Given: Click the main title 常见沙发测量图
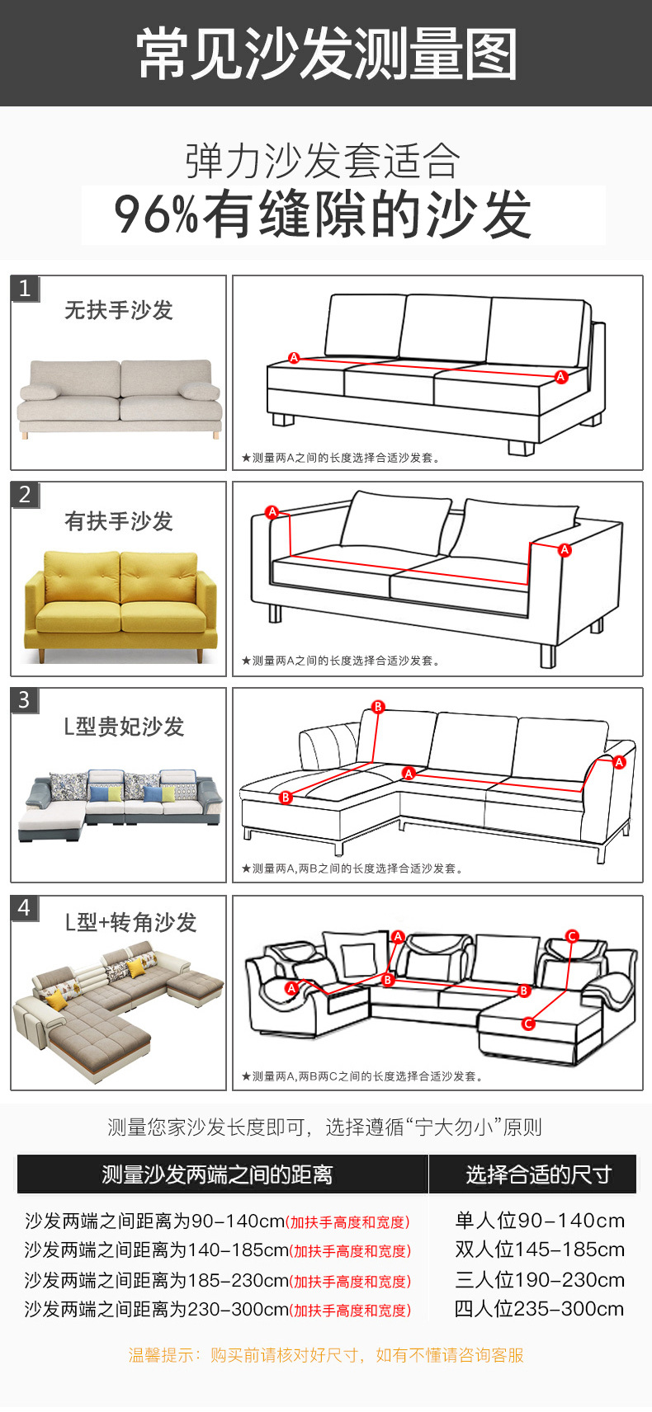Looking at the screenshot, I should pyautogui.click(x=326, y=54).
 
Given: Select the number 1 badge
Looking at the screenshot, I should pyautogui.click(x=25, y=289).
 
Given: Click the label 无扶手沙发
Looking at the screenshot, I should pyautogui.click(x=119, y=310).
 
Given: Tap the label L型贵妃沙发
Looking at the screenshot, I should pyautogui.click(x=124, y=727).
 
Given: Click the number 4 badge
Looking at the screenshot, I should pyautogui.click(x=25, y=908).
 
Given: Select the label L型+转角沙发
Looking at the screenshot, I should pyautogui.click(x=130, y=922).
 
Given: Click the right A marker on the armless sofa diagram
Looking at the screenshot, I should pyautogui.click(x=561, y=377).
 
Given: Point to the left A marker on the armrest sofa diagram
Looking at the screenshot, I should pyautogui.click(x=272, y=512).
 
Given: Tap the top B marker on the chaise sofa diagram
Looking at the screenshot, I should pyautogui.click(x=378, y=707).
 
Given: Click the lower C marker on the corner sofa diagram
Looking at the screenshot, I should pyautogui.click(x=528, y=1024).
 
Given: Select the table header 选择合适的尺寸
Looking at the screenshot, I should pyautogui.click(x=538, y=1174).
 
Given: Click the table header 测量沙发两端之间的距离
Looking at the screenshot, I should pyautogui.click(x=217, y=1174).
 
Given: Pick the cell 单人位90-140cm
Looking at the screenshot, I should pyautogui.click(x=539, y=1221).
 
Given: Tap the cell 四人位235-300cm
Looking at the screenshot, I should pyautogui.click(x=539, y=1309).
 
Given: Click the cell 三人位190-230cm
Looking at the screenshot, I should pyautogui.click(x=539, y=1280).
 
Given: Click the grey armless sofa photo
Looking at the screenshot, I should pyautogui.click(x=120, y=396).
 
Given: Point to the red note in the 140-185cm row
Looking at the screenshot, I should pyautogui.click(x=350, y=1251).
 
